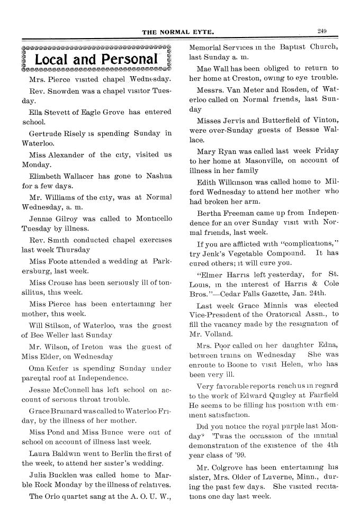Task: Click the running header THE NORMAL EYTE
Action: point(178,32)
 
